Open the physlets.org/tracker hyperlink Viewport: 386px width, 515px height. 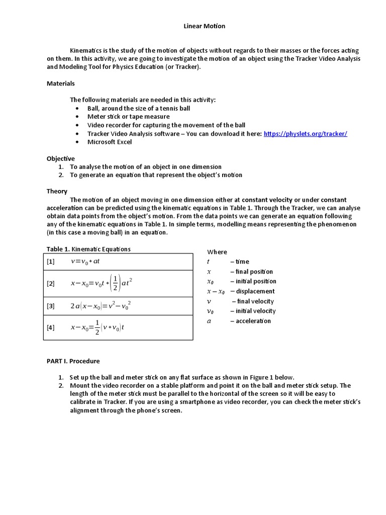pyautogui.click(x=305, y=134)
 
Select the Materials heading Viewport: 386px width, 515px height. pyautogui.click(x=61, y=83)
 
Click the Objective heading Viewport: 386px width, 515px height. pyautogui.click(x=61, y=158)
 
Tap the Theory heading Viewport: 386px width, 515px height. pyautogui.click(x=57, y=192)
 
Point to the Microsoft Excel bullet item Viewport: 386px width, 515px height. pyautogui.click(x=110, y=142)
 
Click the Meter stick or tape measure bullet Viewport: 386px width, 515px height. pyautogui.click(x=121, y=117)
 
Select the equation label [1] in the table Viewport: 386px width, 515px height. pyautogui.click(x=51, y=262)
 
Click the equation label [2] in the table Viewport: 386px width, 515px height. pyautogui.click(x=51, y=284)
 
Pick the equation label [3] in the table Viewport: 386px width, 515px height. pyautogui.click(x=51, y=306)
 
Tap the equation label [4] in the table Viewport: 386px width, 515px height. pyautogui.click(x=51, y=328)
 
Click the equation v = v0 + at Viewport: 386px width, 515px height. pyautogui.click(x=85, y=262)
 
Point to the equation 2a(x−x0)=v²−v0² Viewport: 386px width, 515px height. pyautogui.click(x=101, y=306)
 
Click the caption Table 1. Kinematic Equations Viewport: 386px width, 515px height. pyautogui.click(x=88, y=249)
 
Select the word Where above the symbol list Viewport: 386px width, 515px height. pyautogui.click(x=217, y=252)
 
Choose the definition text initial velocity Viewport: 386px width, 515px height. pyautogui.click(x=255, y=311)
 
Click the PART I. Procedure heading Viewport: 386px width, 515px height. pyautogui.click(x=73, y=361)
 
